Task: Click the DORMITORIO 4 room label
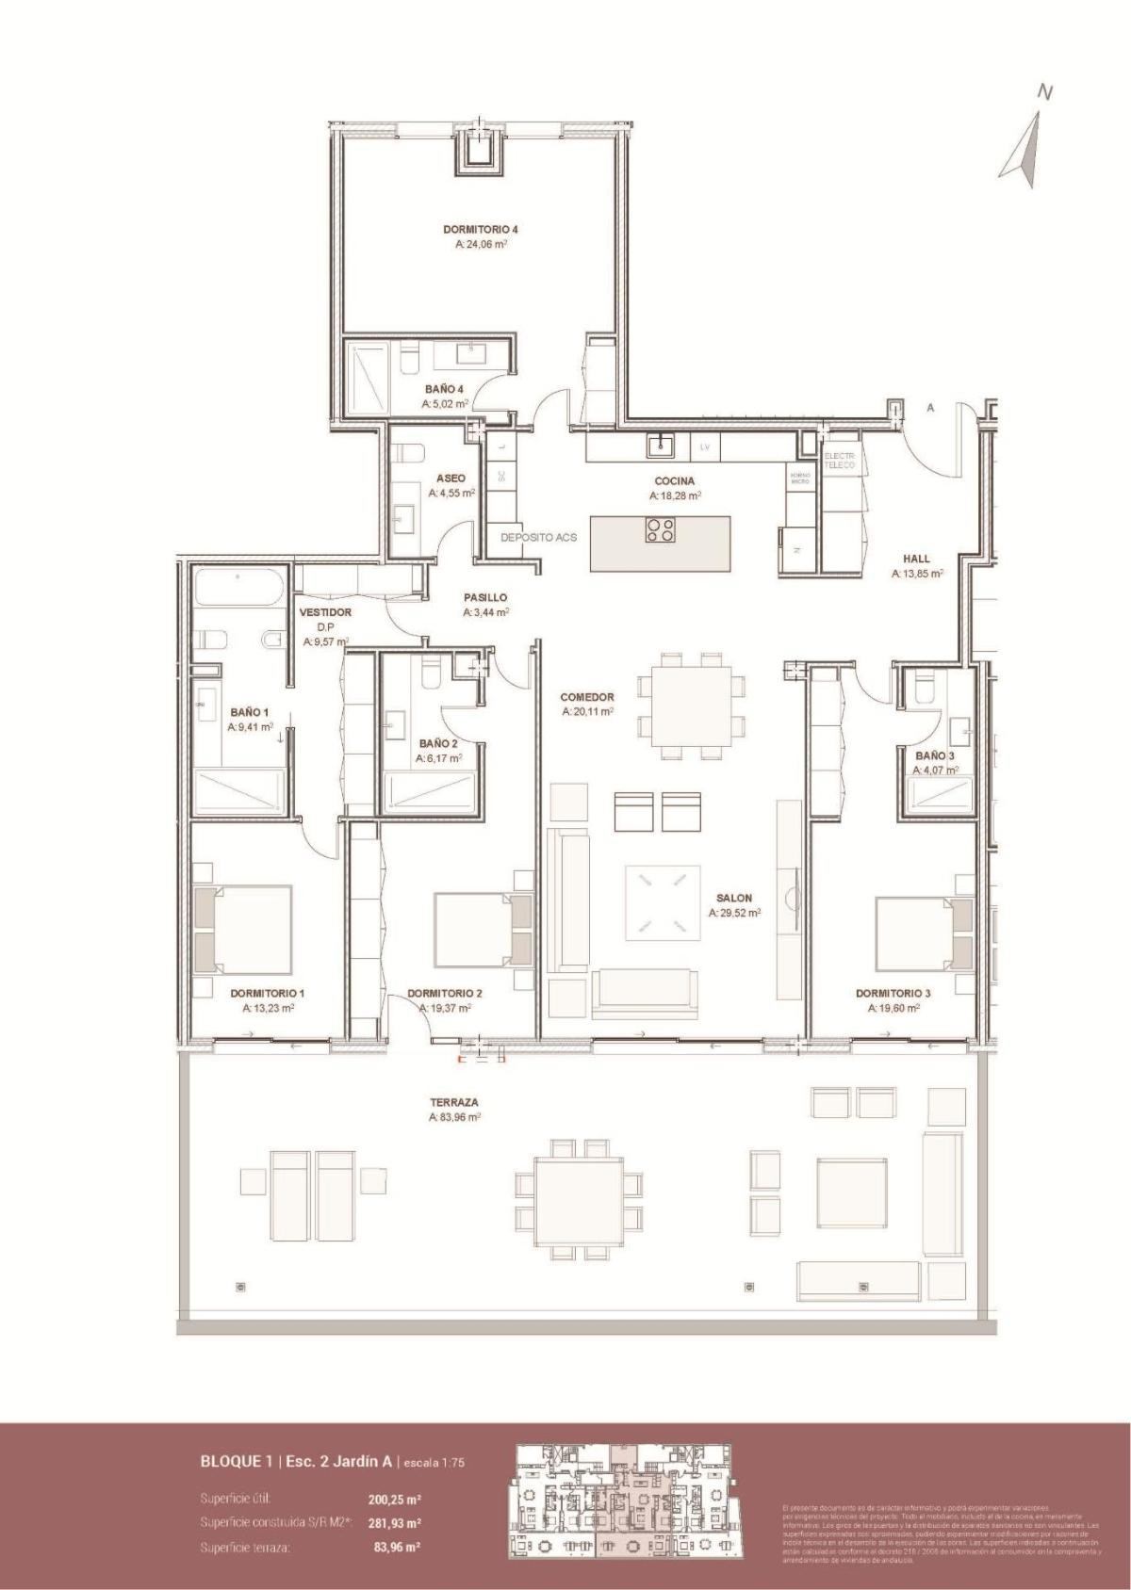point(481,229)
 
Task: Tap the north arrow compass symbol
point(1025,146)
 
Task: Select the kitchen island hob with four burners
point(660,530)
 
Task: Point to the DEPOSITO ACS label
point(538,537)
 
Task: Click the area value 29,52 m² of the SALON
point(734,913)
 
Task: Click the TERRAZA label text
point(454,1101)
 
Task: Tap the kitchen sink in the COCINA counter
point(659,445)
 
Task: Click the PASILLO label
point(485,597)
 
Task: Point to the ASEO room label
point(451,478)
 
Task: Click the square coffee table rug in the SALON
point(663,901)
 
